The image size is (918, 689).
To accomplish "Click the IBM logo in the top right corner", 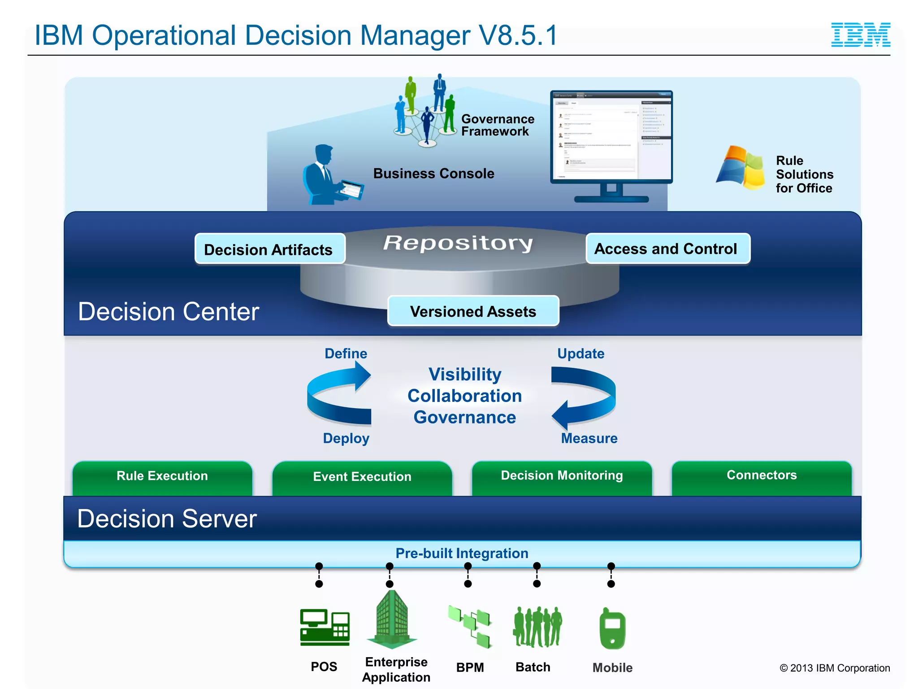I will point(860,35).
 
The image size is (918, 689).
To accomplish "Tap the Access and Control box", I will point(667,249).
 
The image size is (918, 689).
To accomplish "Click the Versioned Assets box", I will point(473,311).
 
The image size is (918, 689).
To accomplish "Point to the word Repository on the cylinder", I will point(458,243).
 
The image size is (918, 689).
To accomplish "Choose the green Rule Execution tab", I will point(162,477).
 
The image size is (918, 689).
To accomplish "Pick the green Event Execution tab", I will point(362,477).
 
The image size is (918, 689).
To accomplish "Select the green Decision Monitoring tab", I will point(562,476).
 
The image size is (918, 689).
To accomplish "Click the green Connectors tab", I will point(761,476).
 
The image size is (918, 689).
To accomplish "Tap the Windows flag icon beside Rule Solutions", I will point(740,167).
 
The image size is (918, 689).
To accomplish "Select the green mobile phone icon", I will point(612,629).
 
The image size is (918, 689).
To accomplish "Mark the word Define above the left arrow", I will point(346,353).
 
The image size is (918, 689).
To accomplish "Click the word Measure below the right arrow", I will point(589,438).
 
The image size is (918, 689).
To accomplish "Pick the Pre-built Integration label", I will point(462,553).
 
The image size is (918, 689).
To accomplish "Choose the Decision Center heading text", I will point(169,311).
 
